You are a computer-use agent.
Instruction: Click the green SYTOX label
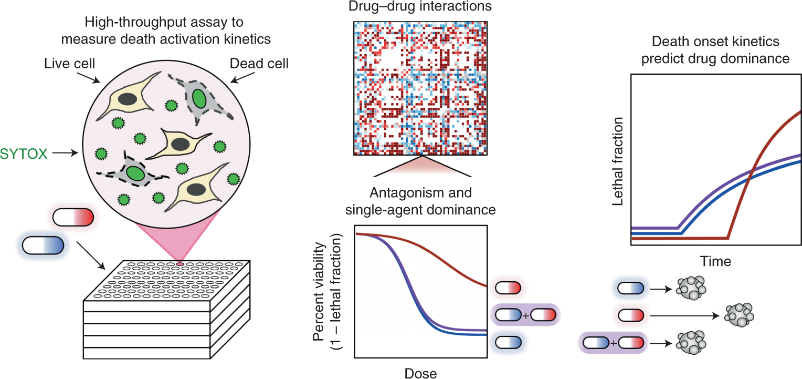26,154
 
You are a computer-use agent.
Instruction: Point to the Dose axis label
420,373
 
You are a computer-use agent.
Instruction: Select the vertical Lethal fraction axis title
618,160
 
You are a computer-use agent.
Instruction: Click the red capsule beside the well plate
73,217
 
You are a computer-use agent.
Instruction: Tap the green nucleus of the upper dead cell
198,98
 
